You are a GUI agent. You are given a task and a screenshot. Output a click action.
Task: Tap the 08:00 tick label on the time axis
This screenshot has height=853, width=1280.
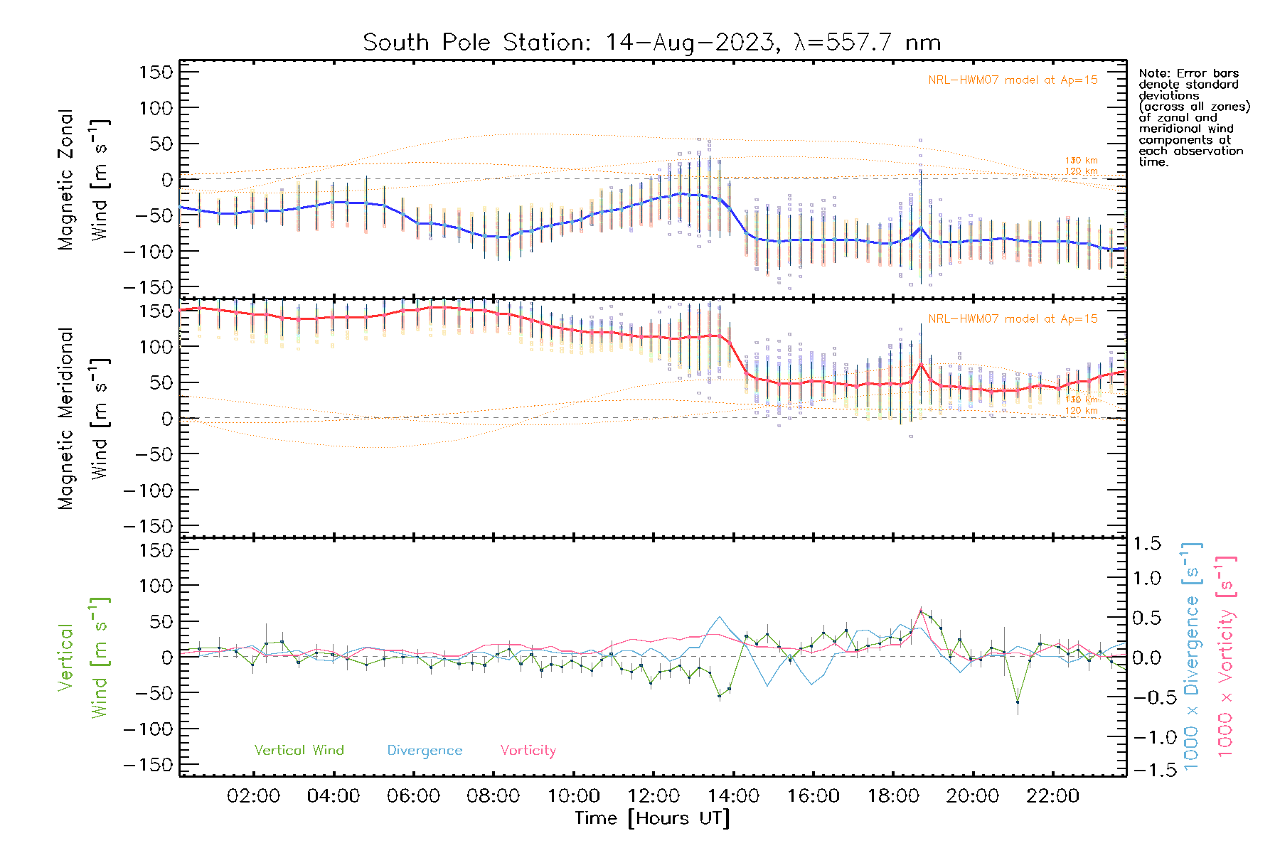(493, 796)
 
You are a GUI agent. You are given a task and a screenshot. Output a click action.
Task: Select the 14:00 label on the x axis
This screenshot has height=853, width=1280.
(733, 796)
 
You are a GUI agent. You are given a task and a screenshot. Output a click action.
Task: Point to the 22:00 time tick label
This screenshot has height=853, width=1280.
(1052, 796)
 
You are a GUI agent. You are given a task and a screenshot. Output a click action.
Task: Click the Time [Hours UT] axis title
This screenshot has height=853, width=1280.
(652, 818)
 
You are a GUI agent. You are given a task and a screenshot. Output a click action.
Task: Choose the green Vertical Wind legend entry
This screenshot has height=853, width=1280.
(299, 750)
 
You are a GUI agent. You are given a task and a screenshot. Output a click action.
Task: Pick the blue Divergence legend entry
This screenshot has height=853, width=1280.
(425, 750)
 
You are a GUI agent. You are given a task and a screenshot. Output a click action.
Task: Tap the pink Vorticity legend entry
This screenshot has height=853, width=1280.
(528, 750)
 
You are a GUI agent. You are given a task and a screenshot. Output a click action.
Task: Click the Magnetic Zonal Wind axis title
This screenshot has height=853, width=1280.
(84, 179)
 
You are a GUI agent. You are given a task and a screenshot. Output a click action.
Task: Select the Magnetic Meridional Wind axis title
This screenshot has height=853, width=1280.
(84, 419)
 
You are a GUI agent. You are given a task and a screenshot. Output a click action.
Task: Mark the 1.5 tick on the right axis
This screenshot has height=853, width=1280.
(1146, 544)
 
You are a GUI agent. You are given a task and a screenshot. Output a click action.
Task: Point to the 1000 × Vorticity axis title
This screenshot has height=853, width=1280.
(1226, 656)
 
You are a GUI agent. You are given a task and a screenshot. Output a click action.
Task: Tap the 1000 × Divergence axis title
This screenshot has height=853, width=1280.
(1191, 656)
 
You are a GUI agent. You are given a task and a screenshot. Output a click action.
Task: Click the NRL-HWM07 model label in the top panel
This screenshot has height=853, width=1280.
(1013, 80)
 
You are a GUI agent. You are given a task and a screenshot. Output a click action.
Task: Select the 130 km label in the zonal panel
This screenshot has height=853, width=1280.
(1081, 161)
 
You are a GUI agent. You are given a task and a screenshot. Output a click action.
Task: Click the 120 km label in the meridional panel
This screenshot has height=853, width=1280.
(1081, 411)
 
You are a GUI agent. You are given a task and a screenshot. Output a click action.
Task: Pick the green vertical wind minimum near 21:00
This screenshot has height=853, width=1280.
(1018, 702)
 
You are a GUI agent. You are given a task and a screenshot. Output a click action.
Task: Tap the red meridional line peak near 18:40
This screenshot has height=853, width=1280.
(921, 364)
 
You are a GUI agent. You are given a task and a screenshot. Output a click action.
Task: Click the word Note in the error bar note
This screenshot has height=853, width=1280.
(1153, 73)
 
